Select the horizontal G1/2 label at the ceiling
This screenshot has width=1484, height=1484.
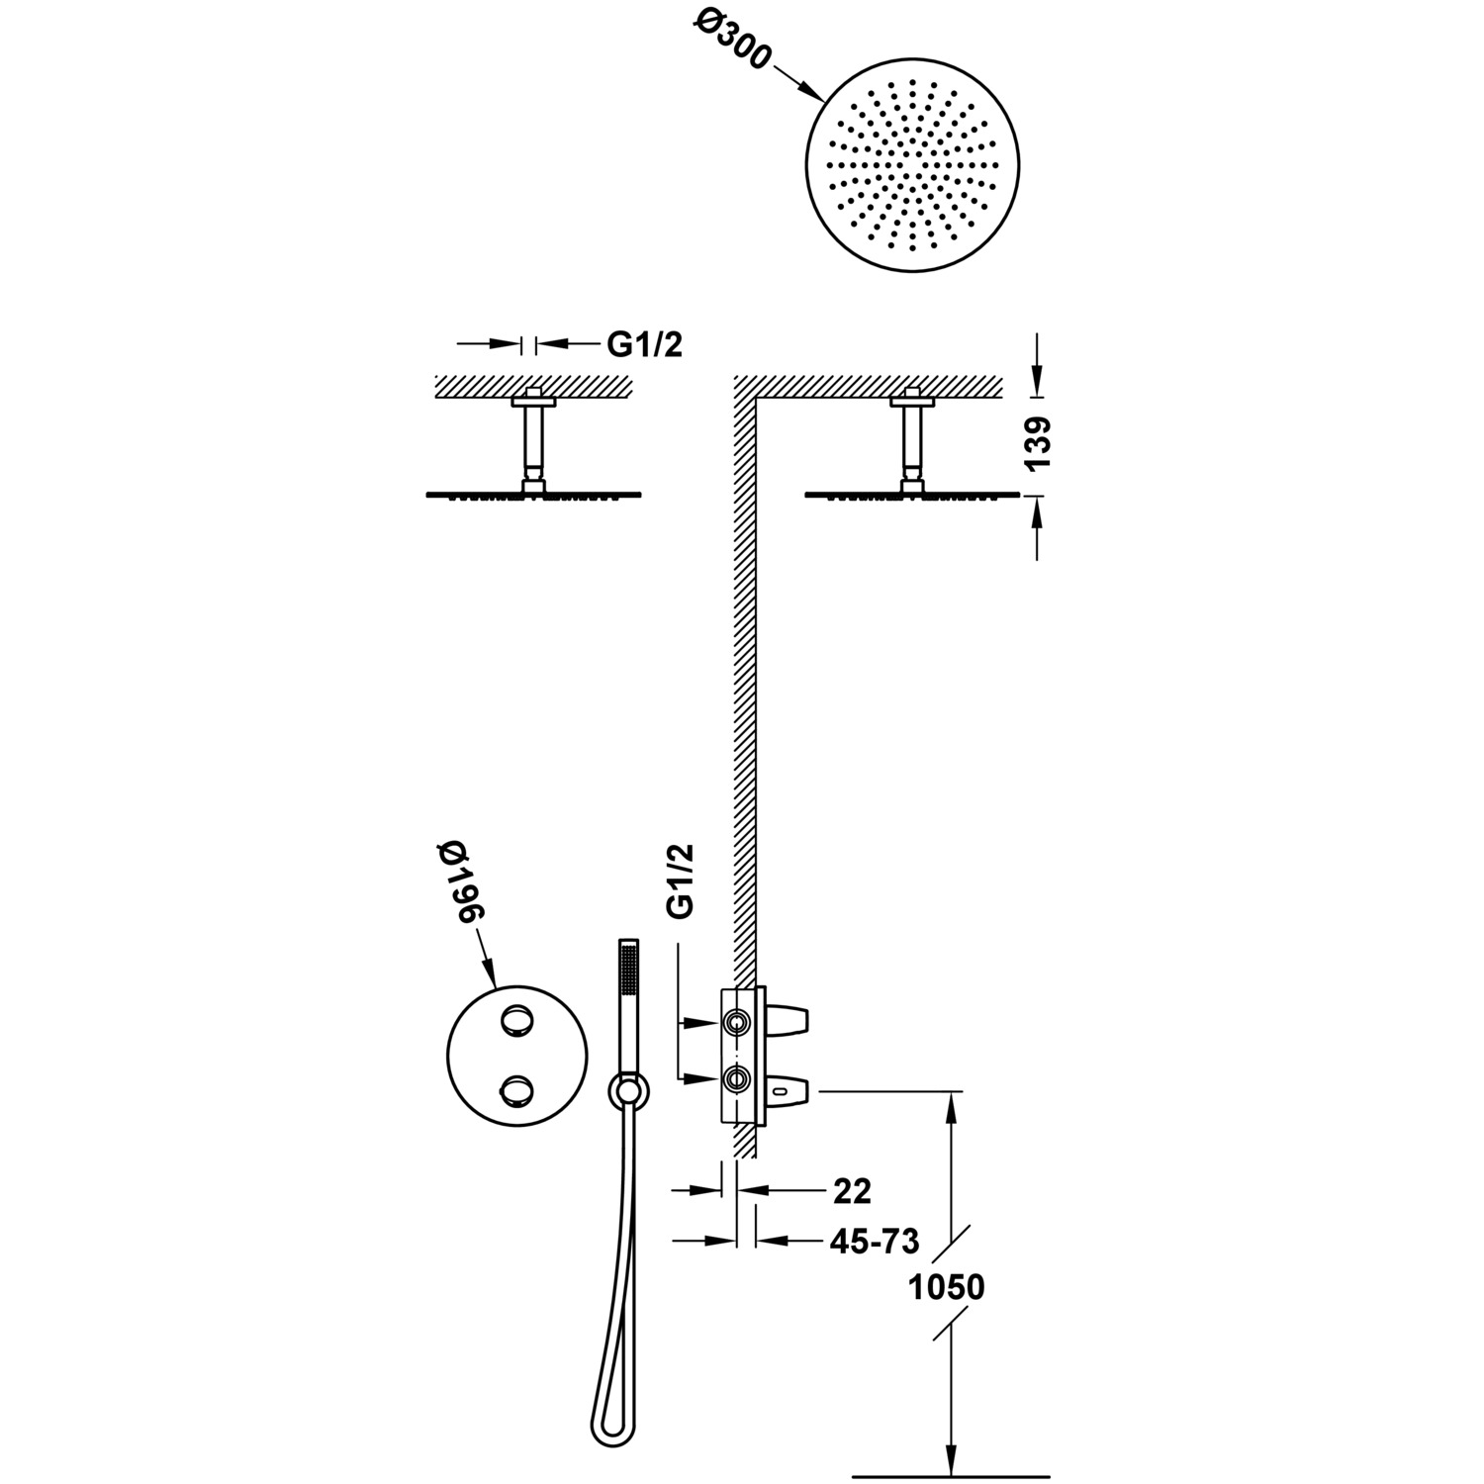[644, 344]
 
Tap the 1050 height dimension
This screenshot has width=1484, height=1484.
[947, 1287]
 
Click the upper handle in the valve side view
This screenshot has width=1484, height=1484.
[789, 1019]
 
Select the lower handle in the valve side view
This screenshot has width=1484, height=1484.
[789, 1091]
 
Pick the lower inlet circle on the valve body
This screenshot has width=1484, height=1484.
[735, 1078]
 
